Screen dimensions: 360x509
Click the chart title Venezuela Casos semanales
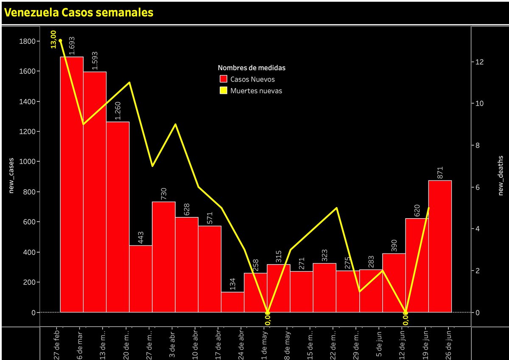tap(78, 13)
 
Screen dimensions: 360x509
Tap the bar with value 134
tap(232, 302)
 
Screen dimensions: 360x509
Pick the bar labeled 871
tap(440, 246)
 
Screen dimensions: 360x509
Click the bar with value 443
tap(140, 278)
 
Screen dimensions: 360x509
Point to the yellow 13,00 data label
tap(54, 39)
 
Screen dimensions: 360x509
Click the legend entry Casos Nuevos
tap(252, 79)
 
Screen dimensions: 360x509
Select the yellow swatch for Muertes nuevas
tap(224, 90)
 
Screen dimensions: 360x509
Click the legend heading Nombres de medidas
tap(252, 68)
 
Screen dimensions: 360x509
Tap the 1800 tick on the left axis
tap(27, 41)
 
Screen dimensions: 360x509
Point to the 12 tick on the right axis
tap(479, 62)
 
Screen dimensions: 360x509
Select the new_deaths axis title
tap(501, 174)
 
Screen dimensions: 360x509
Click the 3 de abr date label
tap(172, 343)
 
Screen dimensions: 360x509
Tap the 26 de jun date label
tap(448, 343)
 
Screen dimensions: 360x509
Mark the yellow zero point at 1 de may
tap(267, 312)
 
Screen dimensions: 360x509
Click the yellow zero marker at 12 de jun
tap(406, 312)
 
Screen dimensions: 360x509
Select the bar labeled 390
tap(394, 283)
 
